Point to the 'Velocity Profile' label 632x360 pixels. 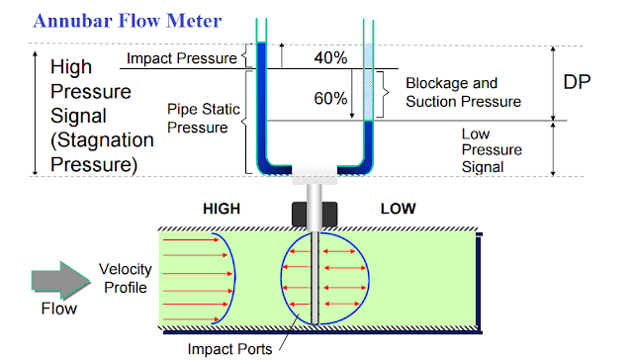point(126,280)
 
